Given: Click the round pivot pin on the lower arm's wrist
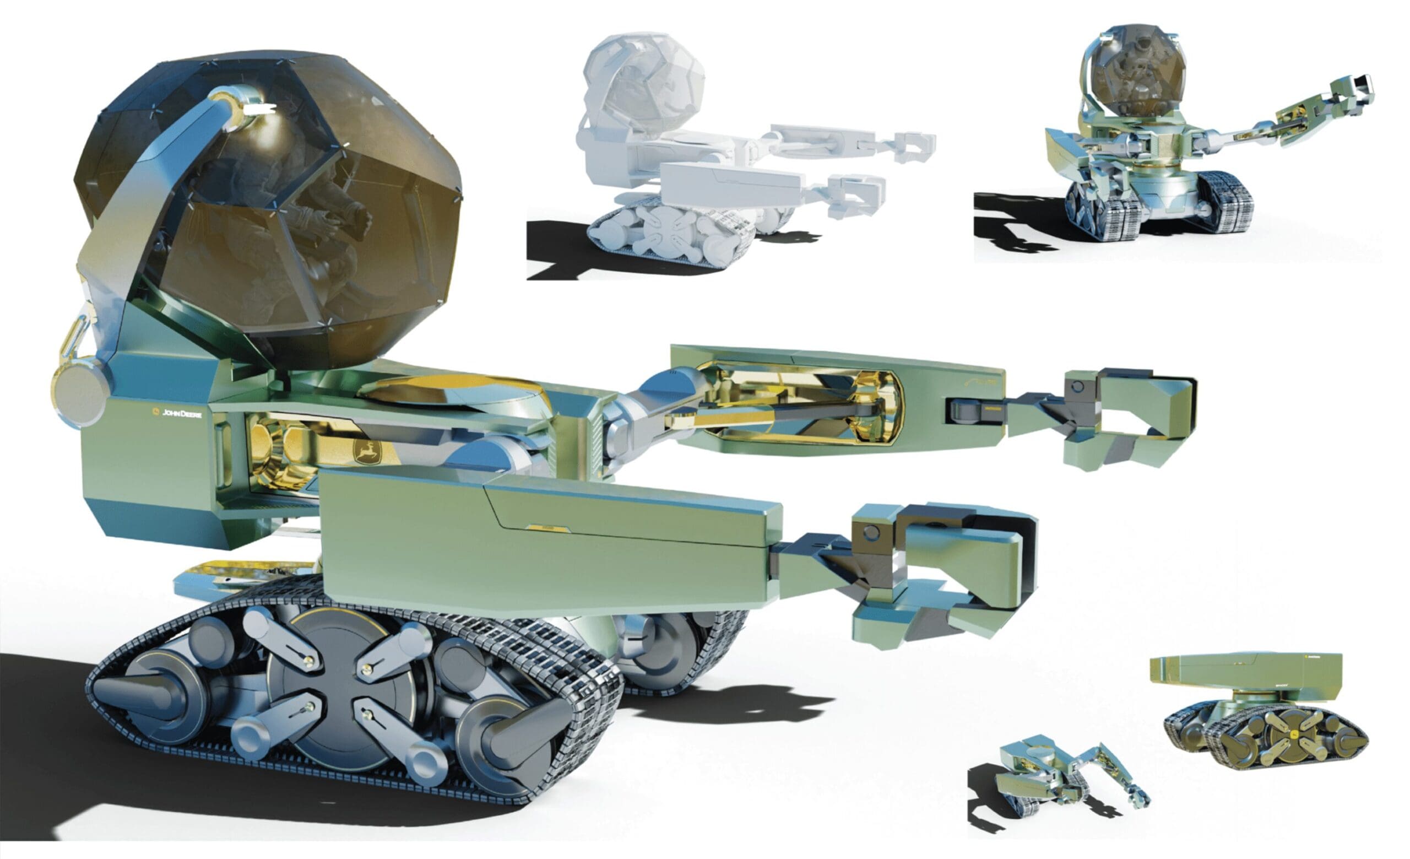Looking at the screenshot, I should pos(871,533).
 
